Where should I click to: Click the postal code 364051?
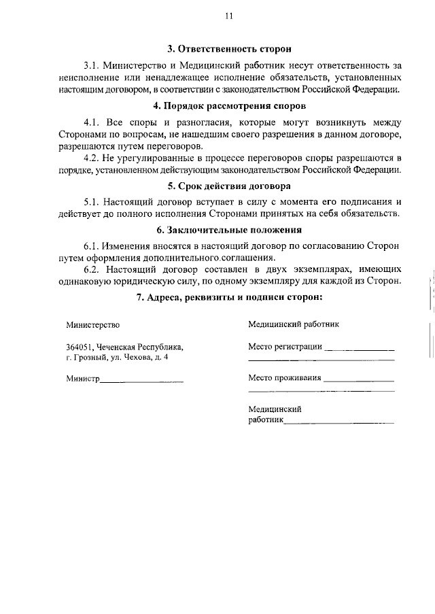click(80, 345)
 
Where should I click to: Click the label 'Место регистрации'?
click(285, 345)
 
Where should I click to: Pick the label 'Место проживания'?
click(284, 377)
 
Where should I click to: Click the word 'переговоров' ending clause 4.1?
click(179, 146)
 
